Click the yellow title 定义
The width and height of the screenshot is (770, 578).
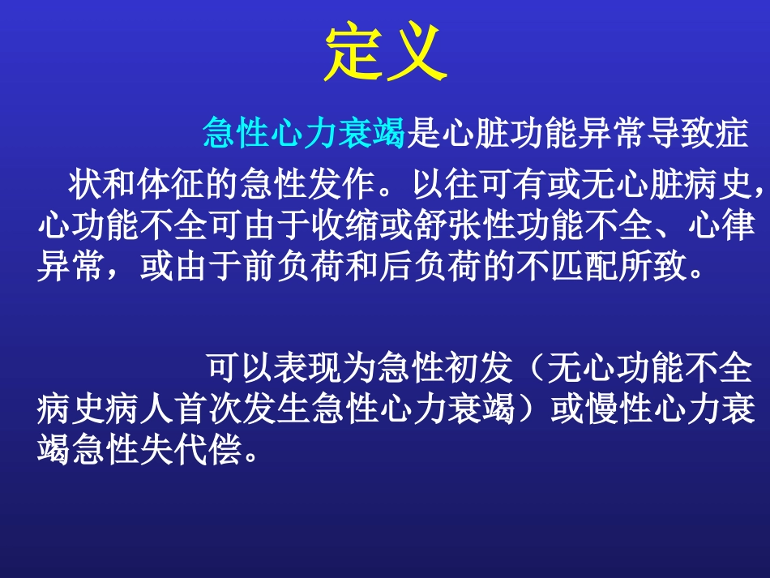click(385, 54)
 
